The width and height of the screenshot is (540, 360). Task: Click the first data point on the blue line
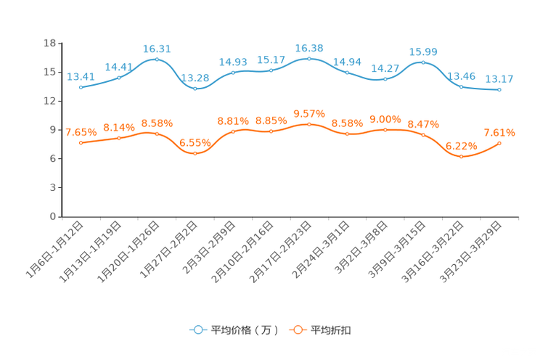[x=81, y=87]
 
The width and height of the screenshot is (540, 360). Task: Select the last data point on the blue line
[x=499, y=90]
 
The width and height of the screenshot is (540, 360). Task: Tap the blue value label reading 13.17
[x=499, y=79]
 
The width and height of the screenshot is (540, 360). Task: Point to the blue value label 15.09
[x=423, y=52]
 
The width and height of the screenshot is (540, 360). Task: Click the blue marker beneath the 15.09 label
[x=423, y=62]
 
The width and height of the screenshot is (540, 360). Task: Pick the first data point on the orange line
[x=81, y=143]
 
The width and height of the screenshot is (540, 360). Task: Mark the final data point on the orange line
[x=499, y=143]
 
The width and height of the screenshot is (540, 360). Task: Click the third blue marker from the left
[x=157, y=59]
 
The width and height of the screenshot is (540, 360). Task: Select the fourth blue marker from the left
[x=195, y=88]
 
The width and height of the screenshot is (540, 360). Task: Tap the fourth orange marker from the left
[x=195, y=153]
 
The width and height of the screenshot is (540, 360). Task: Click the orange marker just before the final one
[x=461, y=156]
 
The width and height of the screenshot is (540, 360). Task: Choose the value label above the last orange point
[x=499, y=132]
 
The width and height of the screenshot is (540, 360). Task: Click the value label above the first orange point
[x=81, y=132]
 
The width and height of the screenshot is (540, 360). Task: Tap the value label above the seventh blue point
[x=309, y=48]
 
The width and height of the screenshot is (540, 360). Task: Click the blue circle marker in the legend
[x=197, y=330]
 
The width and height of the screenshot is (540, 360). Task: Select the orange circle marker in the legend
[x=298, y=330]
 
